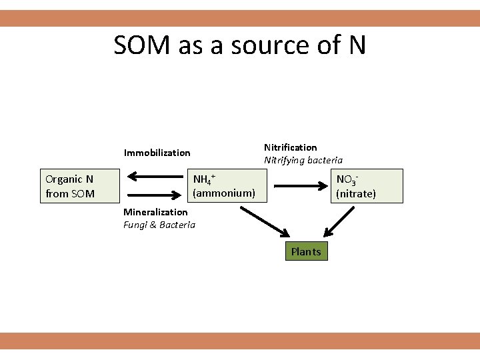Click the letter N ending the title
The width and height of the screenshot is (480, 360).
[x=357, y=45]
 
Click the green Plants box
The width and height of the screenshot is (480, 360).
[x=306, y=251]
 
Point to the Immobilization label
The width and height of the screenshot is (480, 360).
[x=157, y=153]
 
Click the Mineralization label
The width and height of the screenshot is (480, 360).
[x=155, y=212]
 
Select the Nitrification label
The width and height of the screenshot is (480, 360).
[x=290, y=147]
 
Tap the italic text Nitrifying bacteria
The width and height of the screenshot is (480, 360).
[x=303, y=160]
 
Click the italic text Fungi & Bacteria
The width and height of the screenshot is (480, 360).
[x=159, y=225]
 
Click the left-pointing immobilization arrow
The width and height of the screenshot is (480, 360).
[x=155, y=177]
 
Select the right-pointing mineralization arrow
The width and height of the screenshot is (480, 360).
[x=155, y=195]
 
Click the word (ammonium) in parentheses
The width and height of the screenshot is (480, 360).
[x=224, y=193]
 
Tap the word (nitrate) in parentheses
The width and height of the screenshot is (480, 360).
[x=356, y=194]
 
